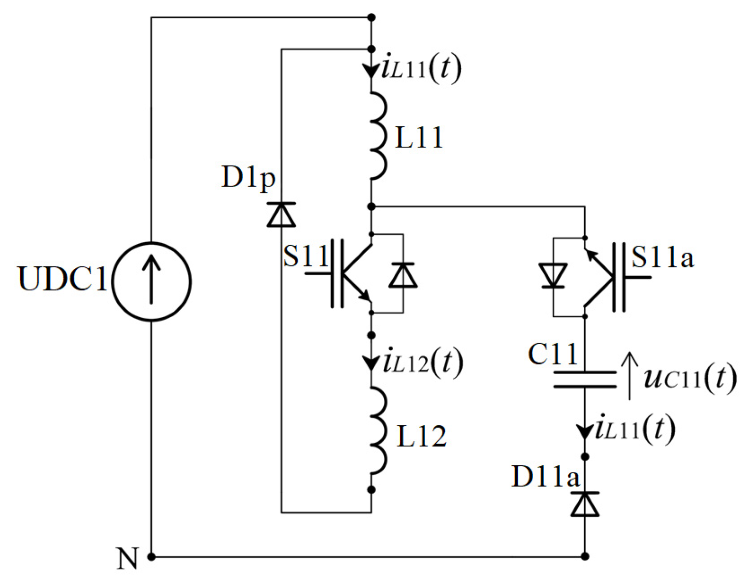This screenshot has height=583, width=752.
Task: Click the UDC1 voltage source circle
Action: [151, 282]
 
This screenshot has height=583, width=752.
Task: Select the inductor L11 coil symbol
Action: [378, 134]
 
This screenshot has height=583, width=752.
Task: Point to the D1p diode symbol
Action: [282, 215]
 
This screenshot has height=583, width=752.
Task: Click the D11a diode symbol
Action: [585, 504]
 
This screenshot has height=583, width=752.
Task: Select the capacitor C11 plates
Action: [585, 379]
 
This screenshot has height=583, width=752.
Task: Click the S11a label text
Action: [662, 257]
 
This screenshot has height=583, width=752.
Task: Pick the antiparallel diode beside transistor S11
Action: [403, 275]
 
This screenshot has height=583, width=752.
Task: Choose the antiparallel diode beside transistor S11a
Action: [553, 276]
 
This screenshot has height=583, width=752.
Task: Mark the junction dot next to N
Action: [152, 557]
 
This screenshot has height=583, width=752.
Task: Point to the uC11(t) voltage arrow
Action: [629, 375]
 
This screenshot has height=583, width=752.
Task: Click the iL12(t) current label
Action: [422, 362]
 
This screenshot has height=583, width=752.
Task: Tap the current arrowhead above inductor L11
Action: [371, 70]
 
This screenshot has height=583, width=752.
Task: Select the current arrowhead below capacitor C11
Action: [585, 431]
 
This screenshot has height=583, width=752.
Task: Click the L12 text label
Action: [421, 436]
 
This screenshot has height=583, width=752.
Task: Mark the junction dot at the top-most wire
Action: [372, 18]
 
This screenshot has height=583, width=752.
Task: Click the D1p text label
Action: [249, 177]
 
